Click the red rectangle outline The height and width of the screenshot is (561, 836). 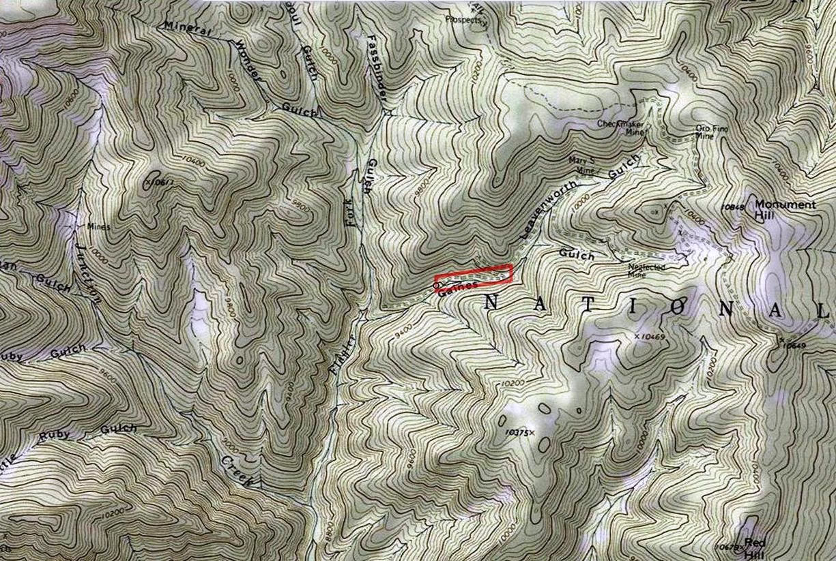tap(474, 274)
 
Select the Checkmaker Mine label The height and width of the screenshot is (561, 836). tap(618, 127)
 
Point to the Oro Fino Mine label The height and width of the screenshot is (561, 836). tap(708, 131)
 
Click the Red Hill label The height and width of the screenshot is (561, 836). tap(754, 547)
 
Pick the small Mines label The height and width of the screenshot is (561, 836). tap(98, 226)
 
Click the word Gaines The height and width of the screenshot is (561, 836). tap(455, 288)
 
